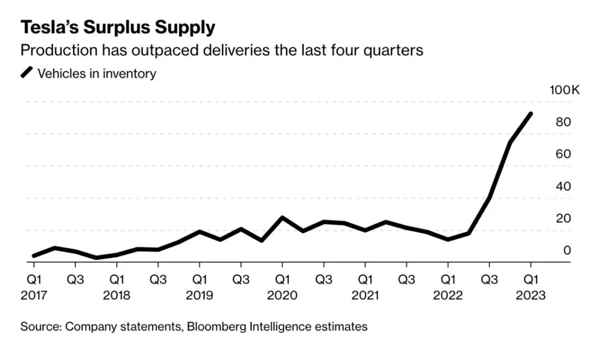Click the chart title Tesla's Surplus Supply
pyautogui.click(x=118, y=27)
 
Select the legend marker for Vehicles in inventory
pyautogui.click(x=27, y=73)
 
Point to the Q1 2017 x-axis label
pyautogui.click(x=34, y=279)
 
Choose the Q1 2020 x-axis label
pyautogui.click(x=282, y=279)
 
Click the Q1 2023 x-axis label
pyautogui.click(x=530, y=279)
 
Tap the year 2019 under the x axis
pyautogui.click(x=199, y=295)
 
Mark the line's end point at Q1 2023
pyautogui.click(x=530, y=114)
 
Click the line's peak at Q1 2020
pyautogui.click(x=282, y=218)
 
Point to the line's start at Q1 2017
pyautogui.click(x=34, y=256)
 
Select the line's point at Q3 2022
pyautogui.click(x=489, y=197)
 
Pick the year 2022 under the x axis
pyautogui.click(x=448, y=295)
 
